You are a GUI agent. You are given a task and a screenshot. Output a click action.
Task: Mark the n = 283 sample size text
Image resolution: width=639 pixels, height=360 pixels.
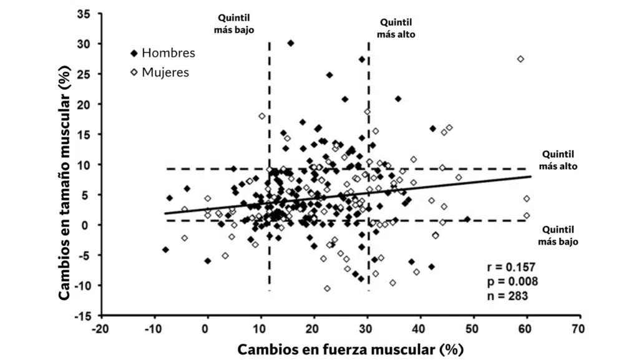pos(507,295)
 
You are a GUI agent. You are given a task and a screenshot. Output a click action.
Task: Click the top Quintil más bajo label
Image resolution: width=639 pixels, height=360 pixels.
pos(236,24)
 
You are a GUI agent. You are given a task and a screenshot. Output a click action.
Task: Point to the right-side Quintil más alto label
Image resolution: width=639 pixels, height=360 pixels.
pos(559,160)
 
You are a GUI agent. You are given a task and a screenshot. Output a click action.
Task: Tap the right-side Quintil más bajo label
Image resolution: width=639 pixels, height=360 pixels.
pos(559,235)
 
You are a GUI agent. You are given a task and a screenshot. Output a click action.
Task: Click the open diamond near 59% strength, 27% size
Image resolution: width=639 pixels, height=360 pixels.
pos(520,59)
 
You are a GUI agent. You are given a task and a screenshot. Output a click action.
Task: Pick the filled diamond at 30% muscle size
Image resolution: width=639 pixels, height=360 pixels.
pos(291,43)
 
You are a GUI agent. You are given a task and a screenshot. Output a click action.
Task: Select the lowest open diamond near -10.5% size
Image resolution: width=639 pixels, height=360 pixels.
pos(327,288)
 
